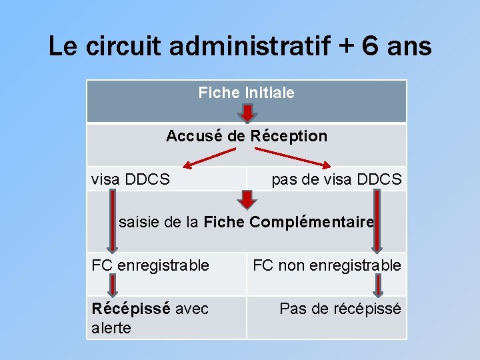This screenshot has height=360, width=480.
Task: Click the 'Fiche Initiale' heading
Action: [246, 93]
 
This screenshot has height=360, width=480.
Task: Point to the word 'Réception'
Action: [289, 136]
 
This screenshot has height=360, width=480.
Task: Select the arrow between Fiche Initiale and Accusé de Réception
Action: [247, 113]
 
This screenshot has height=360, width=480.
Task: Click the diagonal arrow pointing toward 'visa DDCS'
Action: [209, 158]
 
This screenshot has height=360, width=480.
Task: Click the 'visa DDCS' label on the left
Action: [130, 179]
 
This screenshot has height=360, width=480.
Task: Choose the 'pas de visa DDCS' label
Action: [336, 179]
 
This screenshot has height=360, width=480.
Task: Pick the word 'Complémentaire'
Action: [311, 222]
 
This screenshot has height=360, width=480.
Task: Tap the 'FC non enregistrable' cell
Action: [326, 265]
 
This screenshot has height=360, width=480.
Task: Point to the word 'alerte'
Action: [111, 328]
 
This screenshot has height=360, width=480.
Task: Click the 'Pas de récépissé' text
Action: [340, 309]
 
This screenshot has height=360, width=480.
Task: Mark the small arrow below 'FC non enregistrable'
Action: [377, 285]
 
